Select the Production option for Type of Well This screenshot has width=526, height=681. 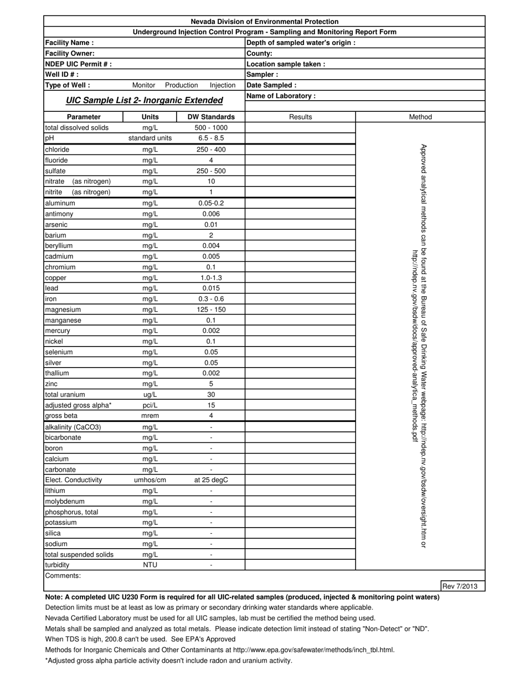point(181,85)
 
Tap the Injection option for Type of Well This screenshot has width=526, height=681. point(223,85)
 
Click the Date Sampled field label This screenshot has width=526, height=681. point(271,85)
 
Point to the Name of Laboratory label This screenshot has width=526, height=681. point(281,96)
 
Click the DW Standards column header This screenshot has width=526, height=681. point(211,117)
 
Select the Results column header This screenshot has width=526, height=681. point(301,117)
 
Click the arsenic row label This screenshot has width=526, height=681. point(56,224)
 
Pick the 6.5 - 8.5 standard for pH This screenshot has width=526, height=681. point(211,138)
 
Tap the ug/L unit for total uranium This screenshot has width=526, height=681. point(150,395)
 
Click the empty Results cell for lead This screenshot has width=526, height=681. point(300,288)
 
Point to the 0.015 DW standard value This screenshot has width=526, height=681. point(211,288)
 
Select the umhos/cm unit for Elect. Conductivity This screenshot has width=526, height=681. point(150,480)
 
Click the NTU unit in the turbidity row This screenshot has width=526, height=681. point(150,565)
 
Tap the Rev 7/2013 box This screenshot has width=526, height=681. point(462,586)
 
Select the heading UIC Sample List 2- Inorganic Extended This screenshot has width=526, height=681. point(145,100)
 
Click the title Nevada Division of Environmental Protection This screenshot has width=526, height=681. point(265,22)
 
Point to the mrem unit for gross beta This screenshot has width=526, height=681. point(150,416)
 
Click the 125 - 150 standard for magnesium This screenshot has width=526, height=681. point(211,309)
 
